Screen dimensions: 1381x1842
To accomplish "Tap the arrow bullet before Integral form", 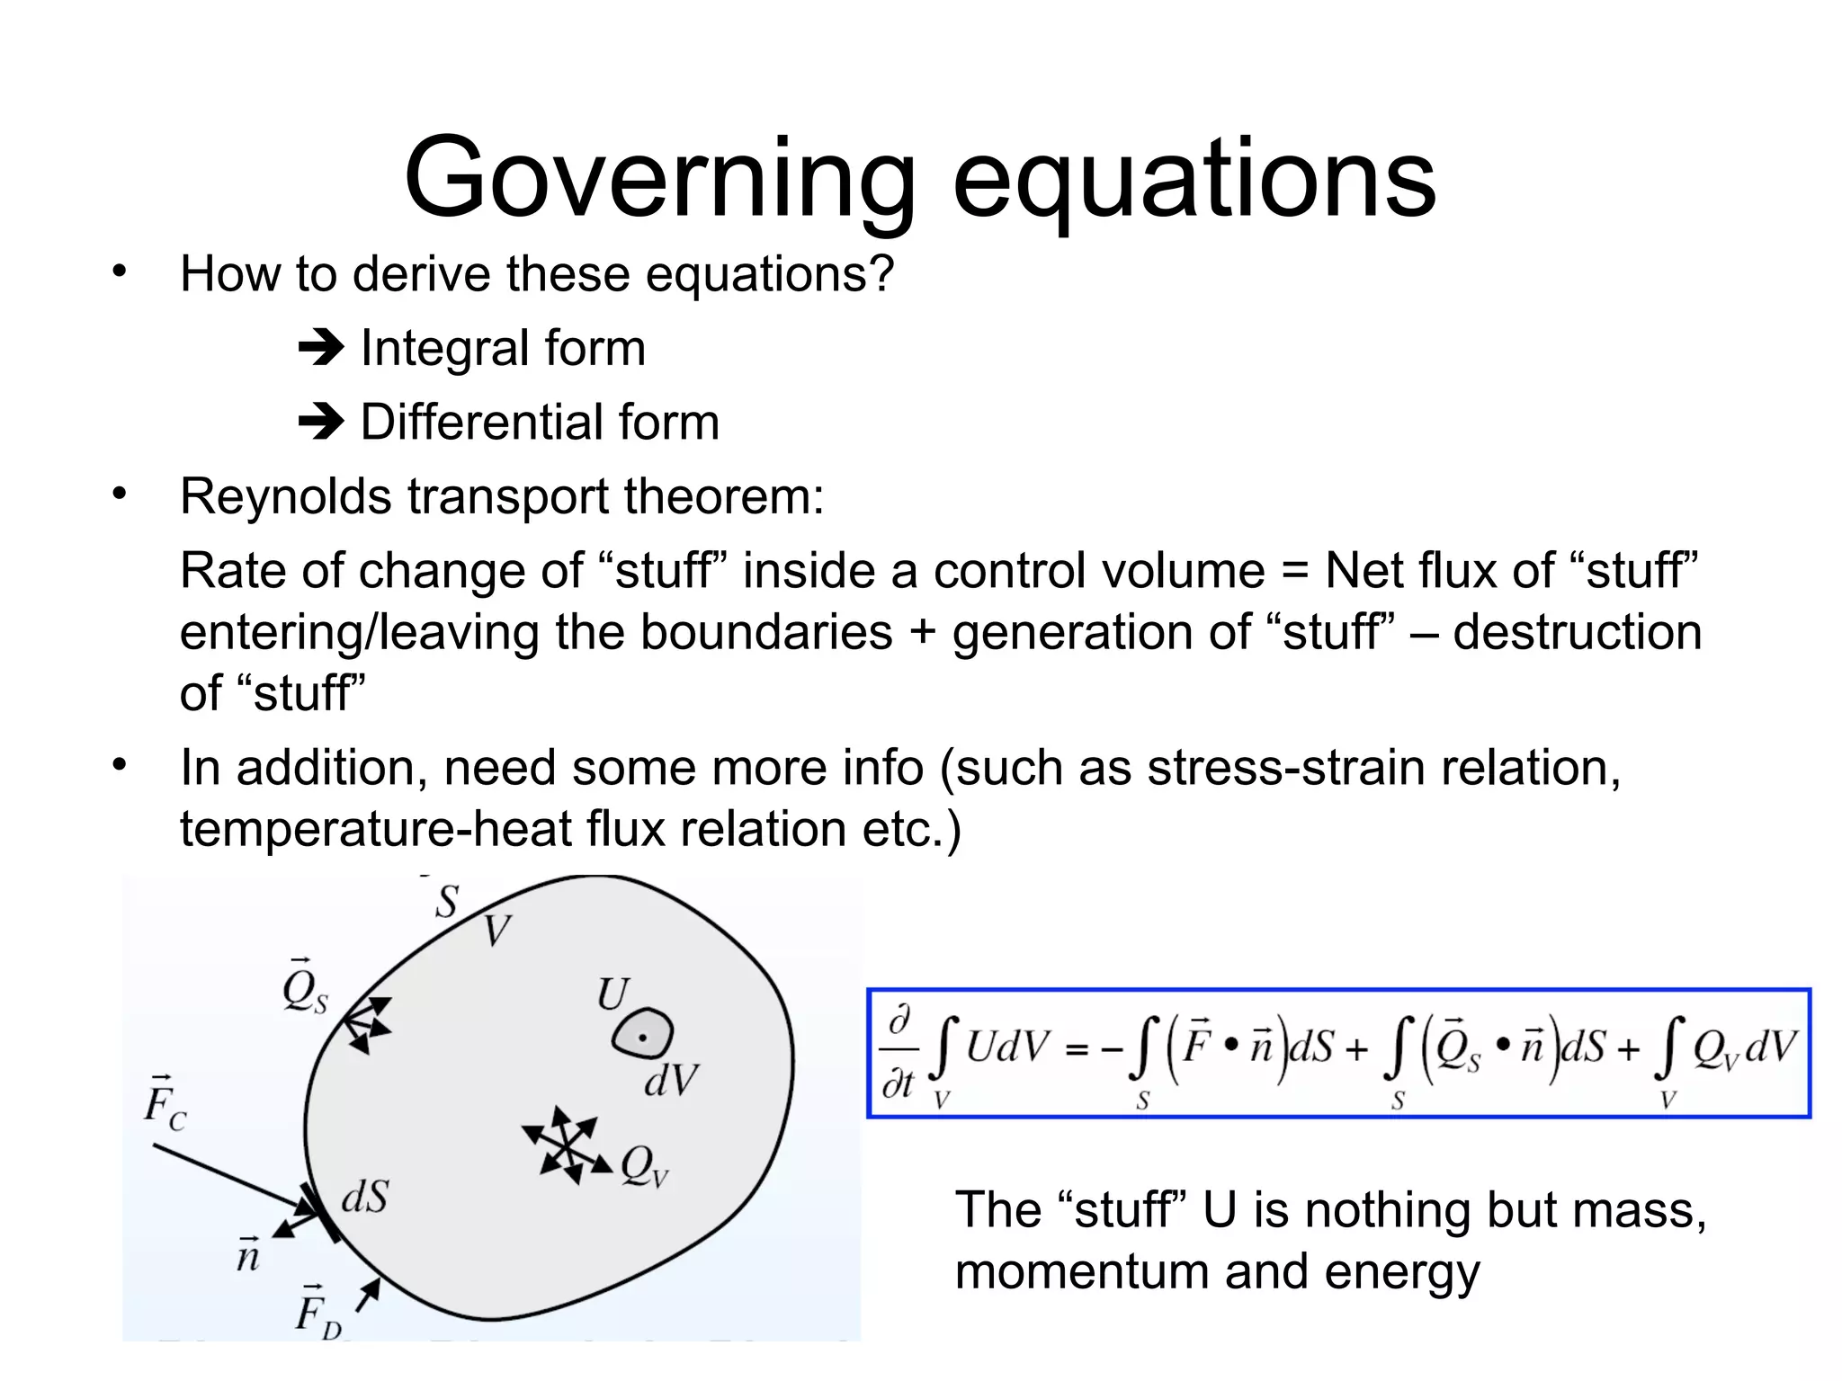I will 321,348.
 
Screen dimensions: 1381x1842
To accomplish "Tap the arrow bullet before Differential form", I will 321,422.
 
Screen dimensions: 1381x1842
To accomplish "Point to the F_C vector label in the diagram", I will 165,1103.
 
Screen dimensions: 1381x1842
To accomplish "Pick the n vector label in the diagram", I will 248,1253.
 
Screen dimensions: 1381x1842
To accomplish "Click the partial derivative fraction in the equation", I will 899,1053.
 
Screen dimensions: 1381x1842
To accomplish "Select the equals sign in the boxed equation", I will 1077,1049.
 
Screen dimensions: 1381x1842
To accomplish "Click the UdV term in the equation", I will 1007,1047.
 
